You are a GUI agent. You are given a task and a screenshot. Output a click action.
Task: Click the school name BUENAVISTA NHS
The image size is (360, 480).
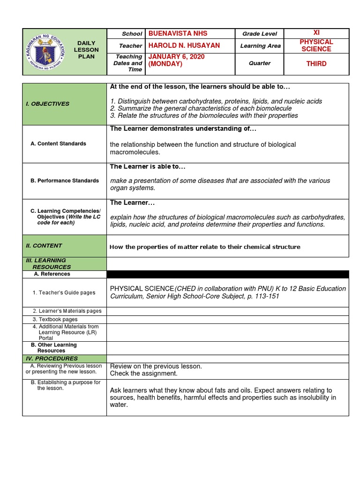tap(178, 33)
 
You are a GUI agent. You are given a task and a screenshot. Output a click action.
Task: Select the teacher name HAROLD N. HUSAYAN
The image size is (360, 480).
tap(184, 45)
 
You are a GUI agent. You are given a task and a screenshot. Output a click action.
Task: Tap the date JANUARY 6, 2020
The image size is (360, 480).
tap(176, 57)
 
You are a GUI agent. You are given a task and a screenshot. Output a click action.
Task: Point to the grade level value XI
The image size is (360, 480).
tap(316, 32)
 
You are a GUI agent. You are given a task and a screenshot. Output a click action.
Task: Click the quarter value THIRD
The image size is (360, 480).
tap(316, 63)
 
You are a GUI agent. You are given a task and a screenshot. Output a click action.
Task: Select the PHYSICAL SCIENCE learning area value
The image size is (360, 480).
tap(316, 45)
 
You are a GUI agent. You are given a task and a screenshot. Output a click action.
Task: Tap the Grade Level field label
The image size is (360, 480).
tap(259, 34)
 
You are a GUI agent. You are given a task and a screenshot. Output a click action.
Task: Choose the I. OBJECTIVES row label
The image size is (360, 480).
tap(47, 104)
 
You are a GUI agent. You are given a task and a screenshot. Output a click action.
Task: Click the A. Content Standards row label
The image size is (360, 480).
tap(58, 144)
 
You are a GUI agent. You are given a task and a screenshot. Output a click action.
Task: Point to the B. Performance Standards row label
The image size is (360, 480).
tap(65, 180)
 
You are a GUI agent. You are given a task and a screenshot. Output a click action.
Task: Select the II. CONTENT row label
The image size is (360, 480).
tap(44, 246)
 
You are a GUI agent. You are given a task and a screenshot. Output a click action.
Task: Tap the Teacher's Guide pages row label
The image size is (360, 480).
tap(64, 292)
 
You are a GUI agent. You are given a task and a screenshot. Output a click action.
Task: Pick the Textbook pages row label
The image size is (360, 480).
tap(55, 319)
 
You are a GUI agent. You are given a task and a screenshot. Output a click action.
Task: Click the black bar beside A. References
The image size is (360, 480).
tap(227, 274)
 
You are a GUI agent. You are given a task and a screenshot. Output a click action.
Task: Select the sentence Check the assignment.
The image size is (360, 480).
tap(144, 374)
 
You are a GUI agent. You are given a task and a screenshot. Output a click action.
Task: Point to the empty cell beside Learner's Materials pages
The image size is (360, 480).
tap(227, 311)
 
